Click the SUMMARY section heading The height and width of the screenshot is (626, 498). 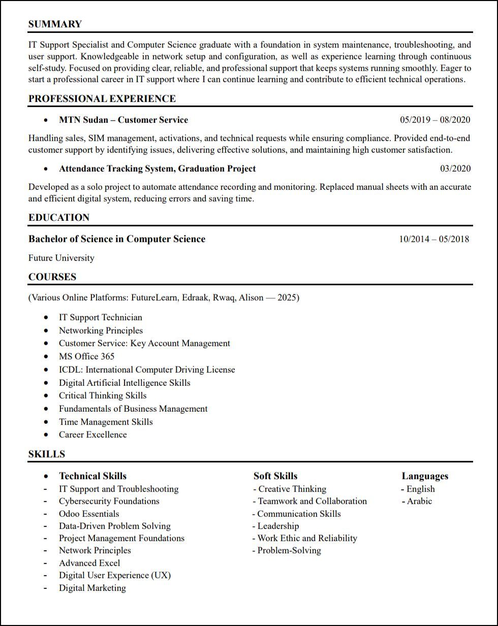click(55, 24)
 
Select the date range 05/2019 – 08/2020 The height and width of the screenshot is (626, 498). click(435, 120)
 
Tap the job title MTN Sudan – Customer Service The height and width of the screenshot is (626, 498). click(123, 120)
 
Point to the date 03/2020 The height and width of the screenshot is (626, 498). click(455, 169)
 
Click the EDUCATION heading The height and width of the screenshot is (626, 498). click(59, 217)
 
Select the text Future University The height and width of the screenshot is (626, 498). click(61, 258)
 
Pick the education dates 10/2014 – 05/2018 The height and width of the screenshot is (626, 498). click(434, 239)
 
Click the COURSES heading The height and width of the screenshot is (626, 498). click(52, 277)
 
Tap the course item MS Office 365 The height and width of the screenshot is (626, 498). click(87, 356)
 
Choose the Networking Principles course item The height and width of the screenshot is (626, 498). click(101, 331)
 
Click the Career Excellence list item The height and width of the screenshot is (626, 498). click(93, 435)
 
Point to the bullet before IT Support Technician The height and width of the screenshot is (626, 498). click(47, 317)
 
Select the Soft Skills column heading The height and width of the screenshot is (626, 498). click(275, 476)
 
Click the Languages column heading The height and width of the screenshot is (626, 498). click(425, 476)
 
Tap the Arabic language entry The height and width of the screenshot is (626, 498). click(419, 501)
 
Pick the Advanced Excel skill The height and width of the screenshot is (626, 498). click(89, 563)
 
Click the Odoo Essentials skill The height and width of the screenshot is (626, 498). click(89, 514)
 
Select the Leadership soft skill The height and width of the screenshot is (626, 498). click(278, 526)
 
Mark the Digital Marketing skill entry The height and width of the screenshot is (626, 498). click(92, 588)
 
